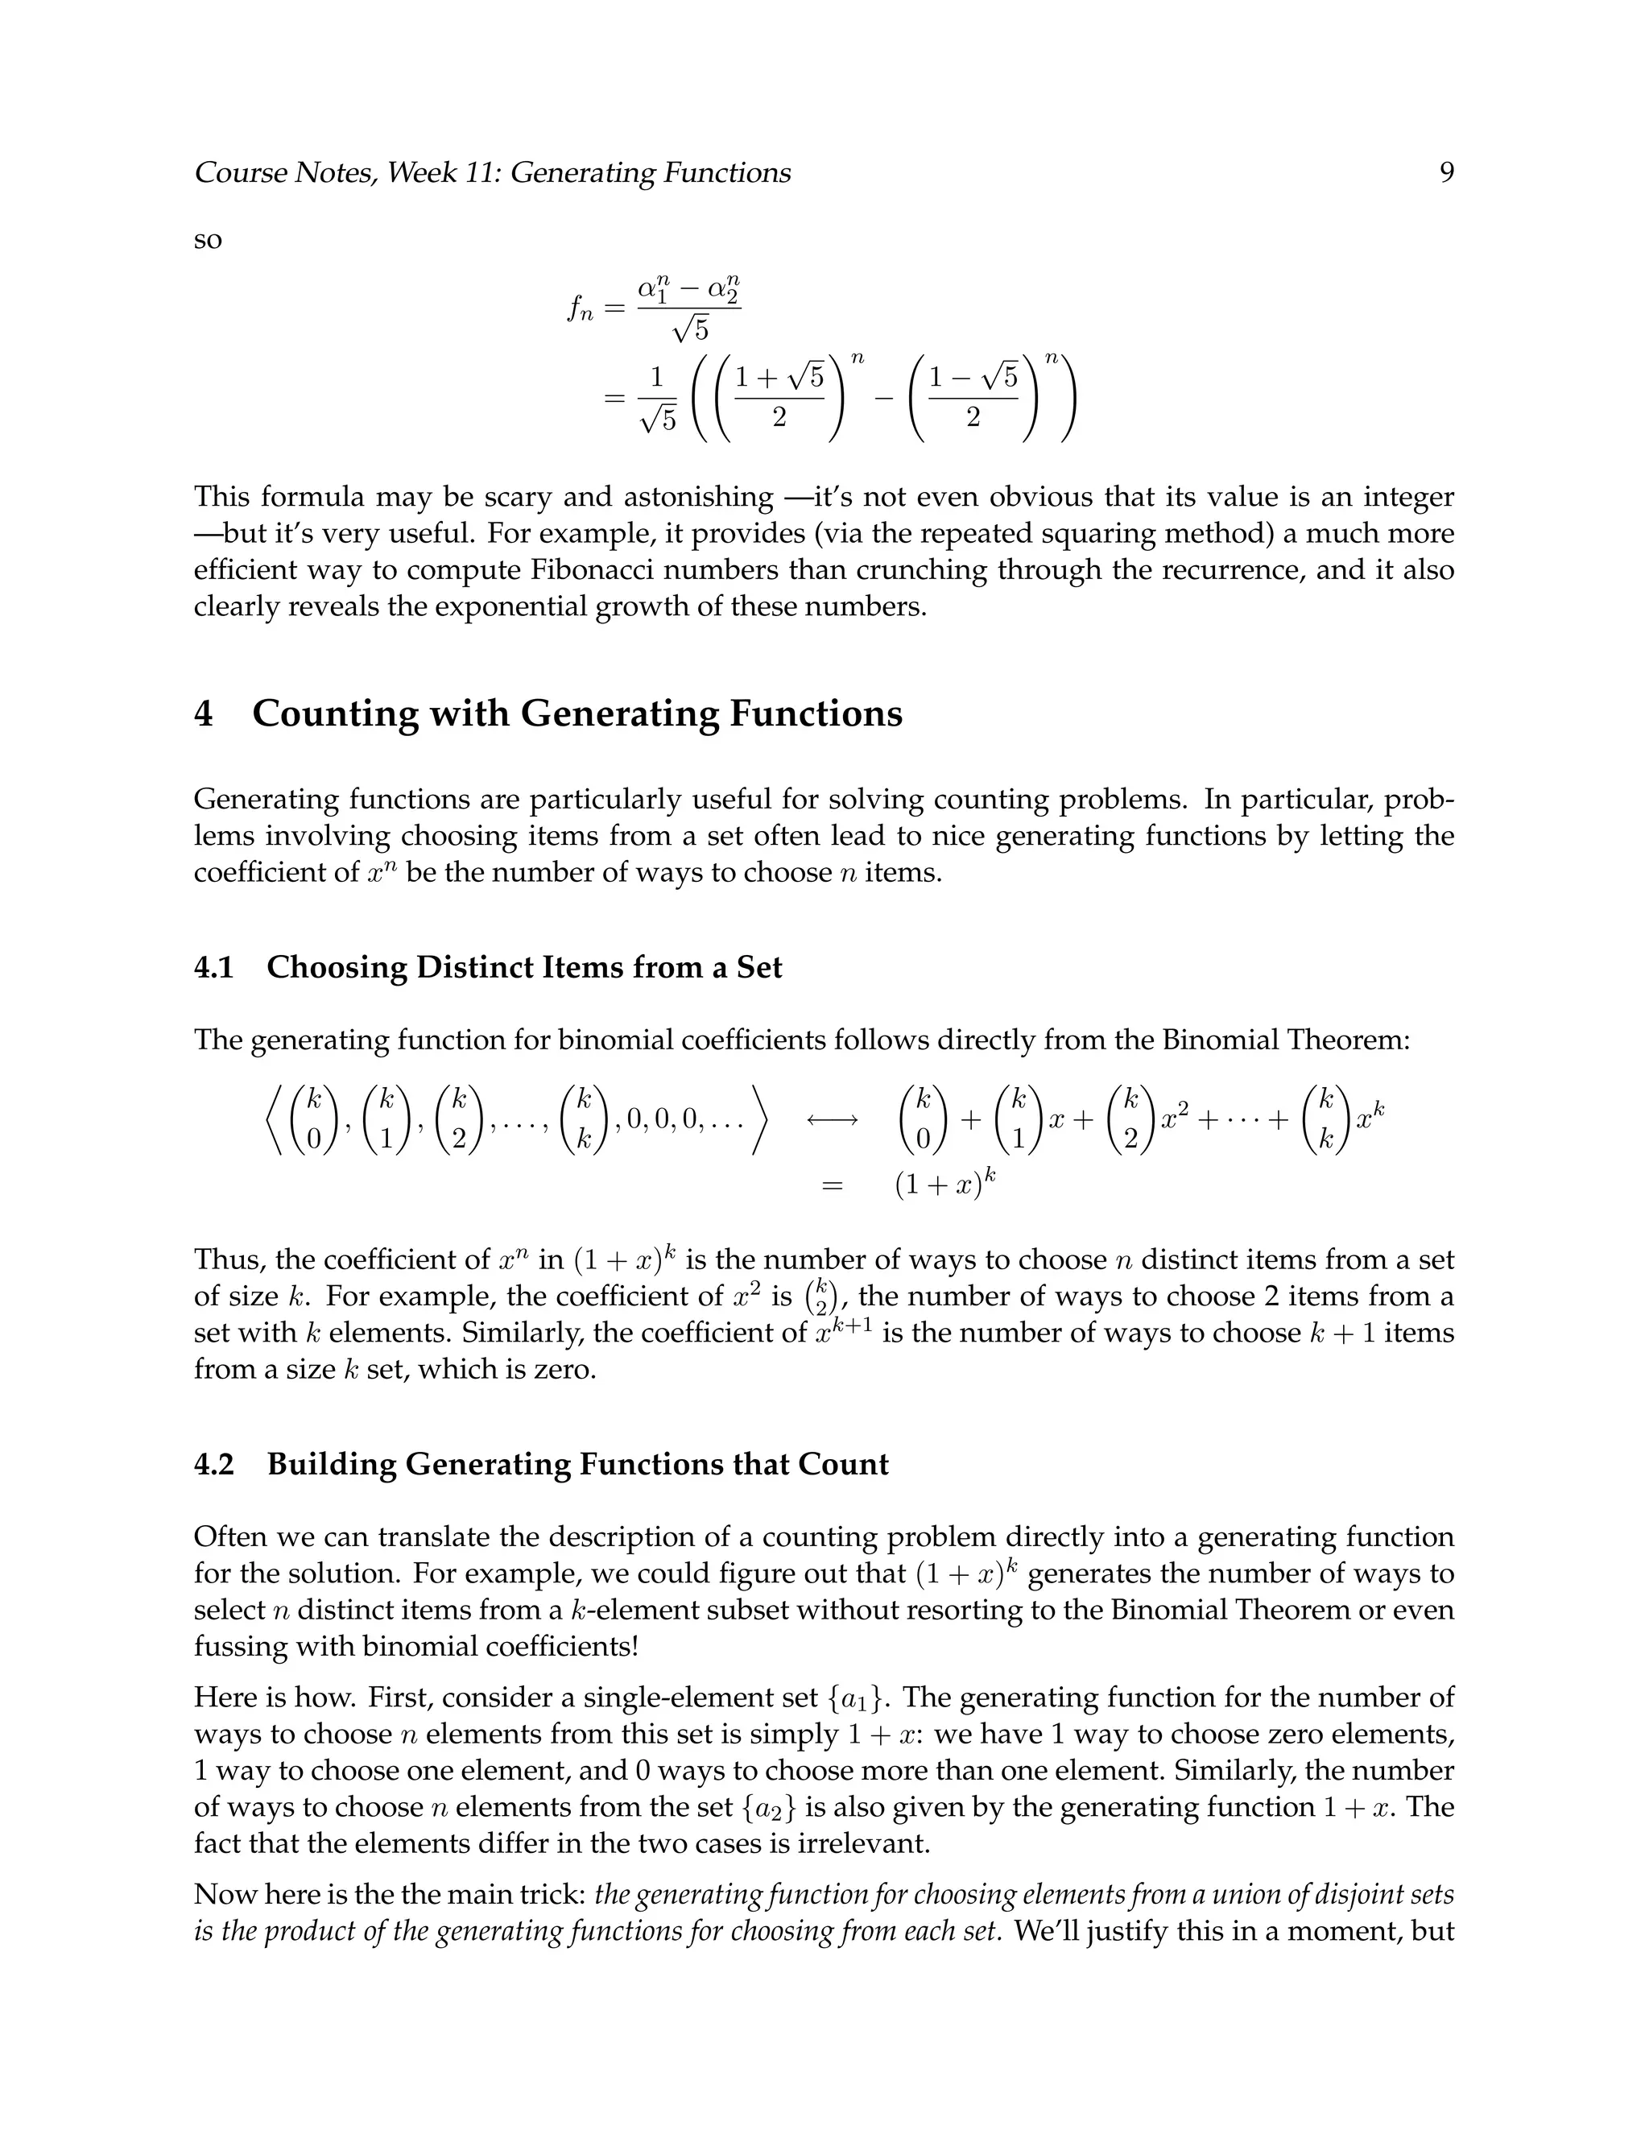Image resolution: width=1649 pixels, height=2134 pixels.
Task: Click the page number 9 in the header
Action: click(1446, 173)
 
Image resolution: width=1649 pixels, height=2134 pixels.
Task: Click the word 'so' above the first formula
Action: click(208, 240)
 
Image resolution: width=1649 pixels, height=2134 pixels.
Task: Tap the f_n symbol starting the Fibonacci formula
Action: click(581, 308)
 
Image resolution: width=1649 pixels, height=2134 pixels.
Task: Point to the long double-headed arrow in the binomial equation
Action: click(831, 1121)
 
